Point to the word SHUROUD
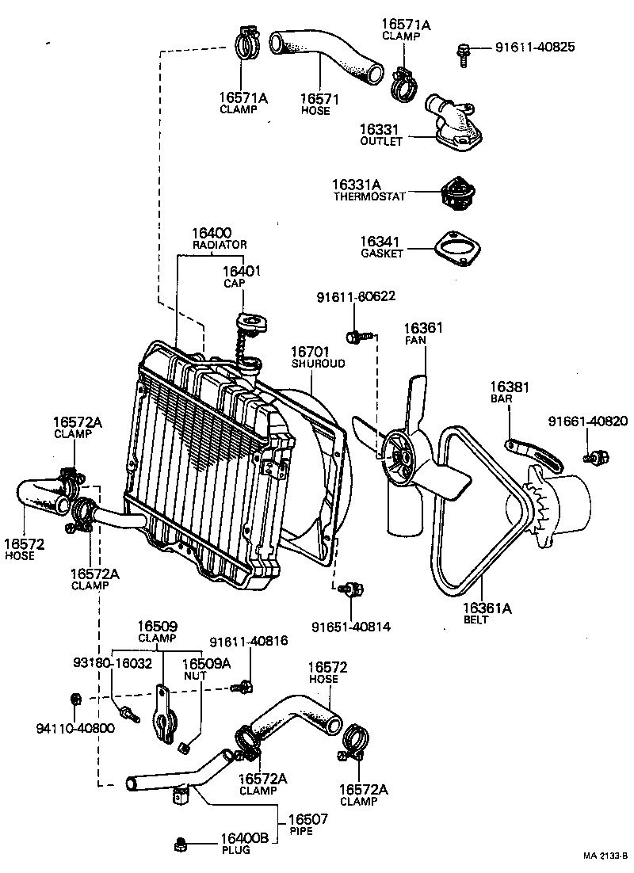(318, 364)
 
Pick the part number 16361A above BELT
(487, 608)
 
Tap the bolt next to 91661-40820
(596, 456)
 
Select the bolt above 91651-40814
(349, 589)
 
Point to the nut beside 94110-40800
(76, 698)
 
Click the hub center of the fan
(399, 457)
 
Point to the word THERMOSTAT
(369, 196)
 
